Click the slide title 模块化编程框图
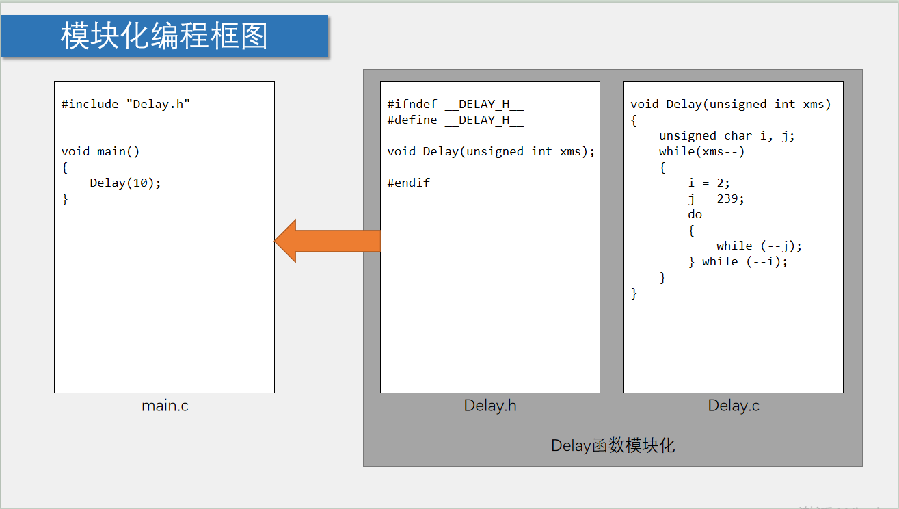coord(164,36)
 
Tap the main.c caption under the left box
coord(165,406)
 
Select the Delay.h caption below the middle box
coord(490,406)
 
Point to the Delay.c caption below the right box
coord(734,406)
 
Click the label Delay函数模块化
coord(613,446)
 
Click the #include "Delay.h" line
coord(126,104)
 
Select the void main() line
coord(100,151)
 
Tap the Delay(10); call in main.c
coord(125,183)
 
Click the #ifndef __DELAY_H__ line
coord(455,104)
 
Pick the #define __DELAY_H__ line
coord(455,120)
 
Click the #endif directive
coord(408,183)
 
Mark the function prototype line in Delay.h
coord(491,151)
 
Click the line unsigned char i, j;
coord(727,135)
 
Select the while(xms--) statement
coord(701,151)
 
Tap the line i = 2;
coord(709,183)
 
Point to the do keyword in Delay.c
coord(695,214)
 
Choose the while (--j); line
coord(759,246)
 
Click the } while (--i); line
coord(738,261)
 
